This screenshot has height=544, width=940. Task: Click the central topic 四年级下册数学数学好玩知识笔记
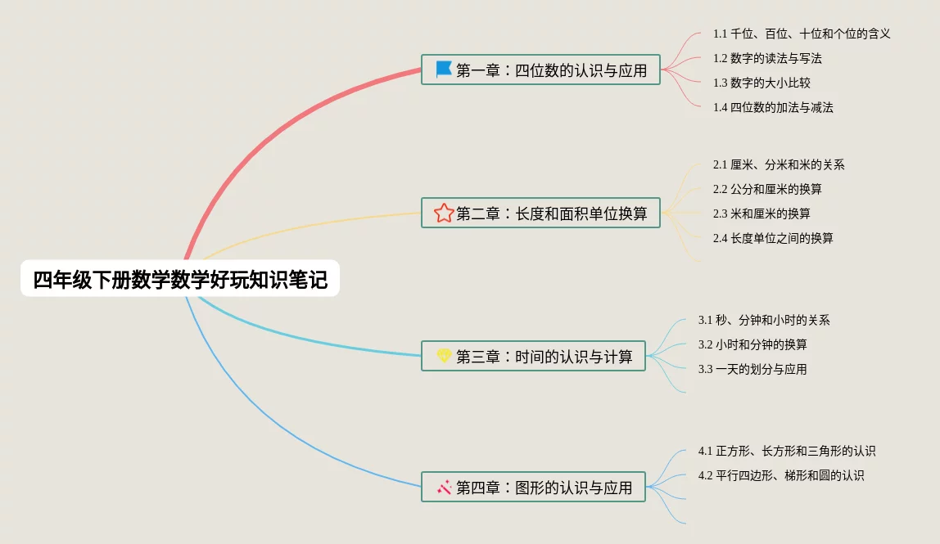click(180, 279)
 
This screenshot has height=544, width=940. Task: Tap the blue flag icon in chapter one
click(444, 70)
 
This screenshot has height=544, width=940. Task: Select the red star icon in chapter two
click(444, 213)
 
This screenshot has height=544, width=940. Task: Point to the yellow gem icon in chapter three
click(444, 356)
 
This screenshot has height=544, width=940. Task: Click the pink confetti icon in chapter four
click(445, 487)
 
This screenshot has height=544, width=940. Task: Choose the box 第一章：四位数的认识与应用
click(540, 70)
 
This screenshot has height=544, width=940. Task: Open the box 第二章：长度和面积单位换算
click(540, 213)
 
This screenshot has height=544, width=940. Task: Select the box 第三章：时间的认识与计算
click(534, 356)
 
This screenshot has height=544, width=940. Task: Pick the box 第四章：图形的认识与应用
click(534, 487)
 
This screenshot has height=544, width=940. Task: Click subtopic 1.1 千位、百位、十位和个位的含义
click(802, 34)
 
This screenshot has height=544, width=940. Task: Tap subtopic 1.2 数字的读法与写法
click(767, 59)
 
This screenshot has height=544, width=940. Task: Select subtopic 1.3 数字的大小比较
click(761, 83)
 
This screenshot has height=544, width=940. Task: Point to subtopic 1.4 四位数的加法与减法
click(773, 108)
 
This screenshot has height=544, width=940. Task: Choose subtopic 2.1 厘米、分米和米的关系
click(779, 164)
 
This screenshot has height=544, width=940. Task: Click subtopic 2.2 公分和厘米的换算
click(767, 189)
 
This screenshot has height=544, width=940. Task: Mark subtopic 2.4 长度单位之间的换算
click(773, 238)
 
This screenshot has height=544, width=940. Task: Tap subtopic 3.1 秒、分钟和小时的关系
click(764, 321)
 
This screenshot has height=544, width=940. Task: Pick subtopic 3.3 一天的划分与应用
click(752, 370)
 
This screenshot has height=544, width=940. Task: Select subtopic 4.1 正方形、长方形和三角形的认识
click(787, 451)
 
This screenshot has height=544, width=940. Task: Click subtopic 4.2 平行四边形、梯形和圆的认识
click(781, 476)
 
